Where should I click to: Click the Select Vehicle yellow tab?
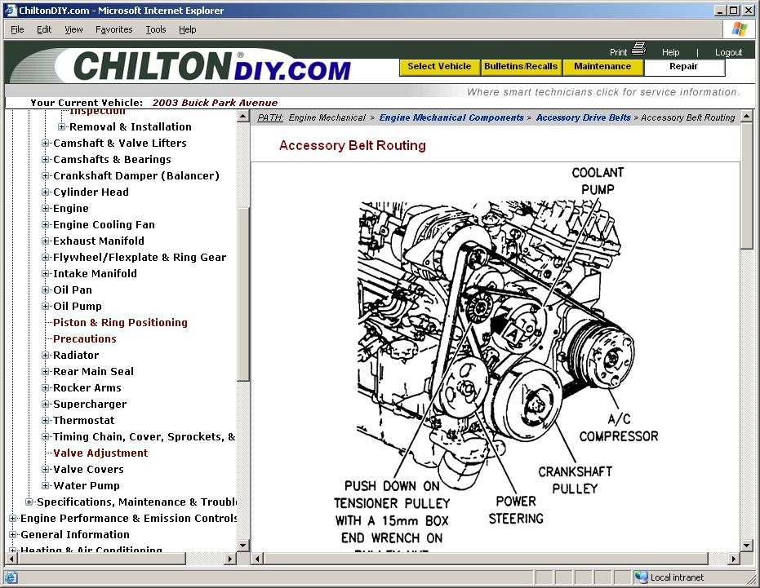439,67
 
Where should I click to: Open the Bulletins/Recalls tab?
521,67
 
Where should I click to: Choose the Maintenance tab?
602,67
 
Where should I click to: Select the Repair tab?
684,67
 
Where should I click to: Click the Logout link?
728,52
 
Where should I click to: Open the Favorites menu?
113,29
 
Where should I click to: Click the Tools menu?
155,29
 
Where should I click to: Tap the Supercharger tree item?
90,404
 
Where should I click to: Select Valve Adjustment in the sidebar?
100,453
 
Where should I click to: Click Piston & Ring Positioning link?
120,322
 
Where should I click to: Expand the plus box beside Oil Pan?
46,290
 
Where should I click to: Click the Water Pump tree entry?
86,485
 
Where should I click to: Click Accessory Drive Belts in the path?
583,117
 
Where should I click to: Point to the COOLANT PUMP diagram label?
598,181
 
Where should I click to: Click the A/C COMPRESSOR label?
619,427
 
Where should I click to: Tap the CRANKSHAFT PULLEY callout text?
575,480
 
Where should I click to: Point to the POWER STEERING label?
516,510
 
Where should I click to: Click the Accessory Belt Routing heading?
353,146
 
